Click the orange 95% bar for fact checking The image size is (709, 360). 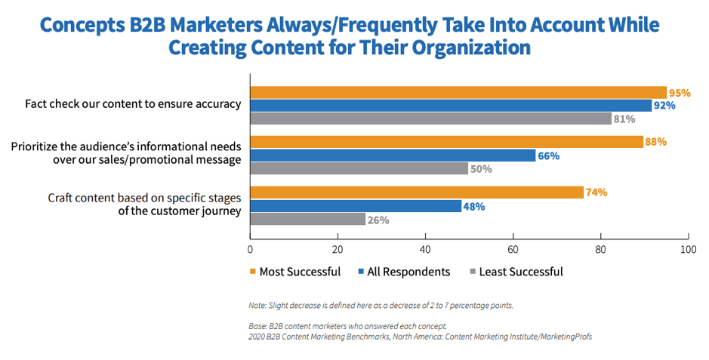458,92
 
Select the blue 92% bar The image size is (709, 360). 451,106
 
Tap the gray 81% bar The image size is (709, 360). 430,118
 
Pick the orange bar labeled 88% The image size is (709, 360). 446,142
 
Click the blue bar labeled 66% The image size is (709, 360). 393,155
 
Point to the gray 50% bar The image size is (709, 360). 359,168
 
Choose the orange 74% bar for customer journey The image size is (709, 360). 416,192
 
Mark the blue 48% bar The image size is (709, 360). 355,206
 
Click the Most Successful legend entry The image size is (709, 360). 294,272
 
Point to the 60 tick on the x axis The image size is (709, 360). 513,248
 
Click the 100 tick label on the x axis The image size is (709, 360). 687,248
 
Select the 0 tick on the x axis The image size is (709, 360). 250,248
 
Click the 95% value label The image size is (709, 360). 680,93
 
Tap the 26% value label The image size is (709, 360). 378,220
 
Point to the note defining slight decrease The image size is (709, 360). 381,306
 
